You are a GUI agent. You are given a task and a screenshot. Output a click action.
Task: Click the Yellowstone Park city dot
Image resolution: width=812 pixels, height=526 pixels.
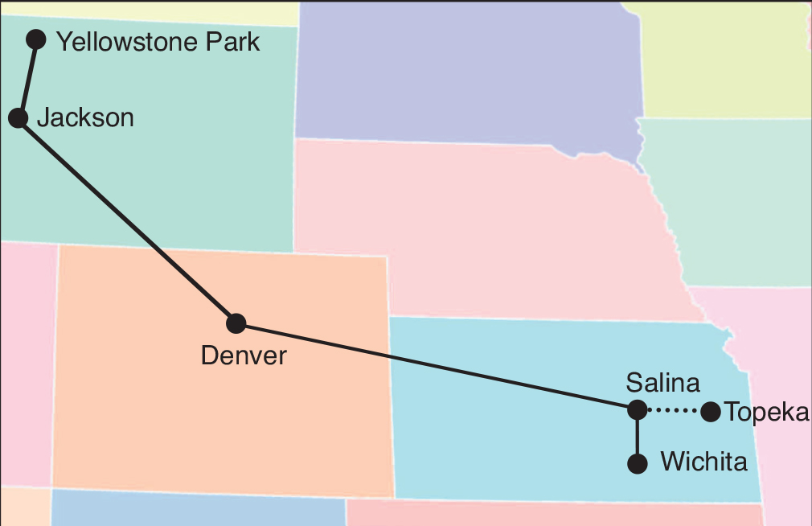36,39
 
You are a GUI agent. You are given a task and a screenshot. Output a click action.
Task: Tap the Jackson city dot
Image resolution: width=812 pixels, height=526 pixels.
18,118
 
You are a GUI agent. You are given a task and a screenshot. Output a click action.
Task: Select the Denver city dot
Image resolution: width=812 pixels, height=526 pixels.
236,323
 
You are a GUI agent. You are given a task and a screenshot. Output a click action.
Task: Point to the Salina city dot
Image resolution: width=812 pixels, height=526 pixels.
637,410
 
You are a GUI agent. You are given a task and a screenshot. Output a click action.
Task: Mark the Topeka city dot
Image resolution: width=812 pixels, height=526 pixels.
710,412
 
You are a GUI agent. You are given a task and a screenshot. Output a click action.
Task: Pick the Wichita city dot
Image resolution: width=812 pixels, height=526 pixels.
637,463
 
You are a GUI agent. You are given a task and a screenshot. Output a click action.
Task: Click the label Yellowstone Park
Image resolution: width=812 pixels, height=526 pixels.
158,42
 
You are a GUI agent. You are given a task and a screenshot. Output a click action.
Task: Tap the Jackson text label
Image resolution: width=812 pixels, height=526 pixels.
85,118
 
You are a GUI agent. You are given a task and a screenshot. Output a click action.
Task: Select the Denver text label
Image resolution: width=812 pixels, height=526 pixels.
243,355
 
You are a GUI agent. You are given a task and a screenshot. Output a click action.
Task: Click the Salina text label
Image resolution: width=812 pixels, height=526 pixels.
662,382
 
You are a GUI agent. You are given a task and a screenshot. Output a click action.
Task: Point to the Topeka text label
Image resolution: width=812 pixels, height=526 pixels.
766,412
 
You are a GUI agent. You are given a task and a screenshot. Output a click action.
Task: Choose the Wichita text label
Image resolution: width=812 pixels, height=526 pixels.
703,462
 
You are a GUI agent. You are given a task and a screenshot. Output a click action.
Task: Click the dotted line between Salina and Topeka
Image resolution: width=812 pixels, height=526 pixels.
673,411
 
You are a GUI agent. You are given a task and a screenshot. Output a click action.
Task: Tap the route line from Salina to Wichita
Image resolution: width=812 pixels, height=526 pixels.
637,437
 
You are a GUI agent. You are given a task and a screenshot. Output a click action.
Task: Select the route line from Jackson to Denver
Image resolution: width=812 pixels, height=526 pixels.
127,221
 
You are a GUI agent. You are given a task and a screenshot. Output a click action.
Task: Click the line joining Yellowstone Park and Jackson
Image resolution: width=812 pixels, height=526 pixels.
27,79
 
